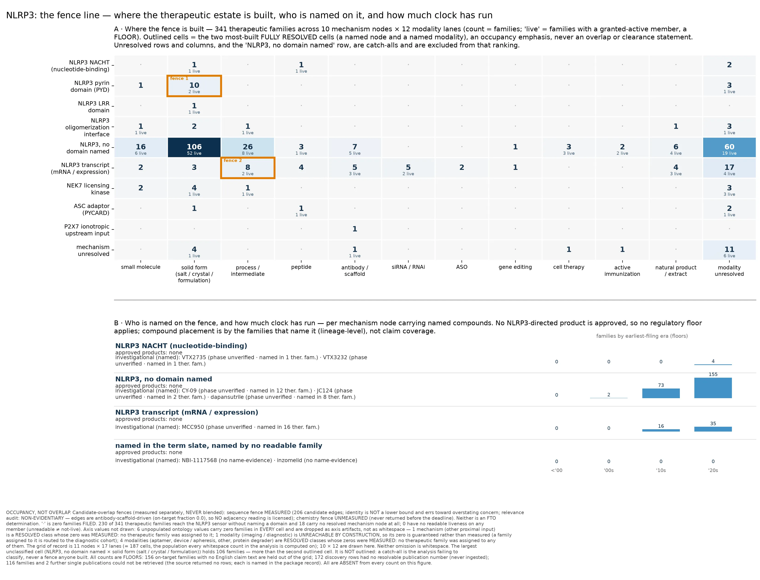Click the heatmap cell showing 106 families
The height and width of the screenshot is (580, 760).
tap(194, 147)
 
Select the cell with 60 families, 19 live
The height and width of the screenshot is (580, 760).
tap(729, 147)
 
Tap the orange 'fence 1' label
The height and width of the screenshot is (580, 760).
tap(179, 78)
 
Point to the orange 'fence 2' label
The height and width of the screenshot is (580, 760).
tap(233, 161)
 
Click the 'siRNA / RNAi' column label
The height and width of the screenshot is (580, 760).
tap(408, 267)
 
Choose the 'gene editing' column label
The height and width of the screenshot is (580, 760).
tap(515, 267)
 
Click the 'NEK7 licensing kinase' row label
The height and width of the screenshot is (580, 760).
tap(88, 189)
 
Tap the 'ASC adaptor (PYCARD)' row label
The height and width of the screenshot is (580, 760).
tap(92, 209)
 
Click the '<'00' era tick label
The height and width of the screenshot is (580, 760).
tap(556, 470)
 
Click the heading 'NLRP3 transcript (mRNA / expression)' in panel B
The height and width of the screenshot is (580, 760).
tap(187, 412)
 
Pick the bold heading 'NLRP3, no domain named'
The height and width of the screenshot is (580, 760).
tap(164, 379)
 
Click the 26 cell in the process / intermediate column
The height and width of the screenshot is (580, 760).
tap(248, 147)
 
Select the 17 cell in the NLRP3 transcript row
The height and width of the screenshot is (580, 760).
tap(729, 168)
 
